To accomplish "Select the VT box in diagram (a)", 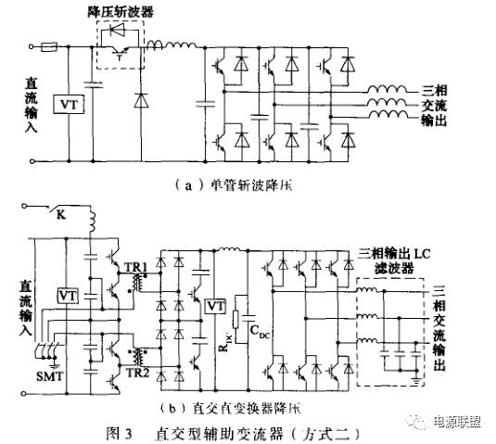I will point(67,104).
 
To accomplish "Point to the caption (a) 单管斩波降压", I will point(233,184).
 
